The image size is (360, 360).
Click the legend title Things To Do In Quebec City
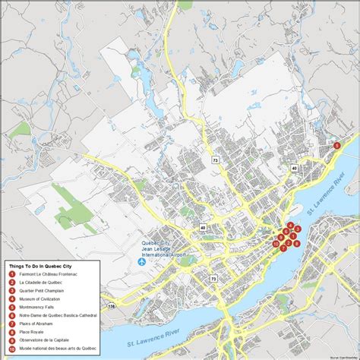pos(41,267)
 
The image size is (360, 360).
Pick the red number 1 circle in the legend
pos(11,275)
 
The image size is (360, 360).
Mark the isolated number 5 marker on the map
pos(336,145)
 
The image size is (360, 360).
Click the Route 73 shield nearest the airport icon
pos(213,279)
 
